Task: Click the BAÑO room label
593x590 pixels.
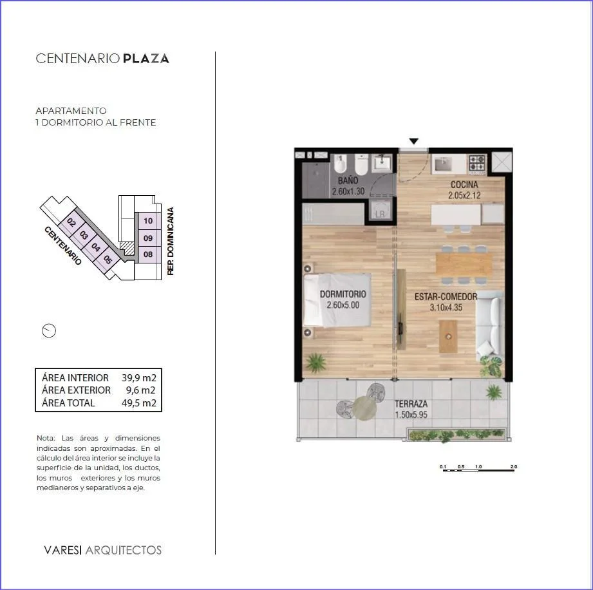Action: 348,180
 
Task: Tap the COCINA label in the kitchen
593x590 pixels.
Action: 464,185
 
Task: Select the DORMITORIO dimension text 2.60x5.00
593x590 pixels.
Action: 343,305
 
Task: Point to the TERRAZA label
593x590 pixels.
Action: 411,404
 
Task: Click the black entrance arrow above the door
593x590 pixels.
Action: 414,141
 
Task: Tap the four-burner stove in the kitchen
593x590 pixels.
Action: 477,163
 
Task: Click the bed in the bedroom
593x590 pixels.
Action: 337,300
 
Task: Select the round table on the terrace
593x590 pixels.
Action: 364,408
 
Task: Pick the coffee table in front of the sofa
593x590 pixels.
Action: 449,336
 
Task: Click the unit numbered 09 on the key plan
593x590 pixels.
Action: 148,238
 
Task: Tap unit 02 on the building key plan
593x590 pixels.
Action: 71,222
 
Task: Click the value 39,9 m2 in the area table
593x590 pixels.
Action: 139,377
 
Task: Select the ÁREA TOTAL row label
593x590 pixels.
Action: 68,403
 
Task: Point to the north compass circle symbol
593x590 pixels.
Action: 49,331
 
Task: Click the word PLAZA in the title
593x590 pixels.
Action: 146,59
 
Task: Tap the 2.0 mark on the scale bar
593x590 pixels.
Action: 514,466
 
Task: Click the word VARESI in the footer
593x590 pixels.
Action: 63,550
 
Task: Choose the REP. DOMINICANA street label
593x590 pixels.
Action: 171,241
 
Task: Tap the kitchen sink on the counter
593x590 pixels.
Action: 443,164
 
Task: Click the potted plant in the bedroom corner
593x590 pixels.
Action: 315,362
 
